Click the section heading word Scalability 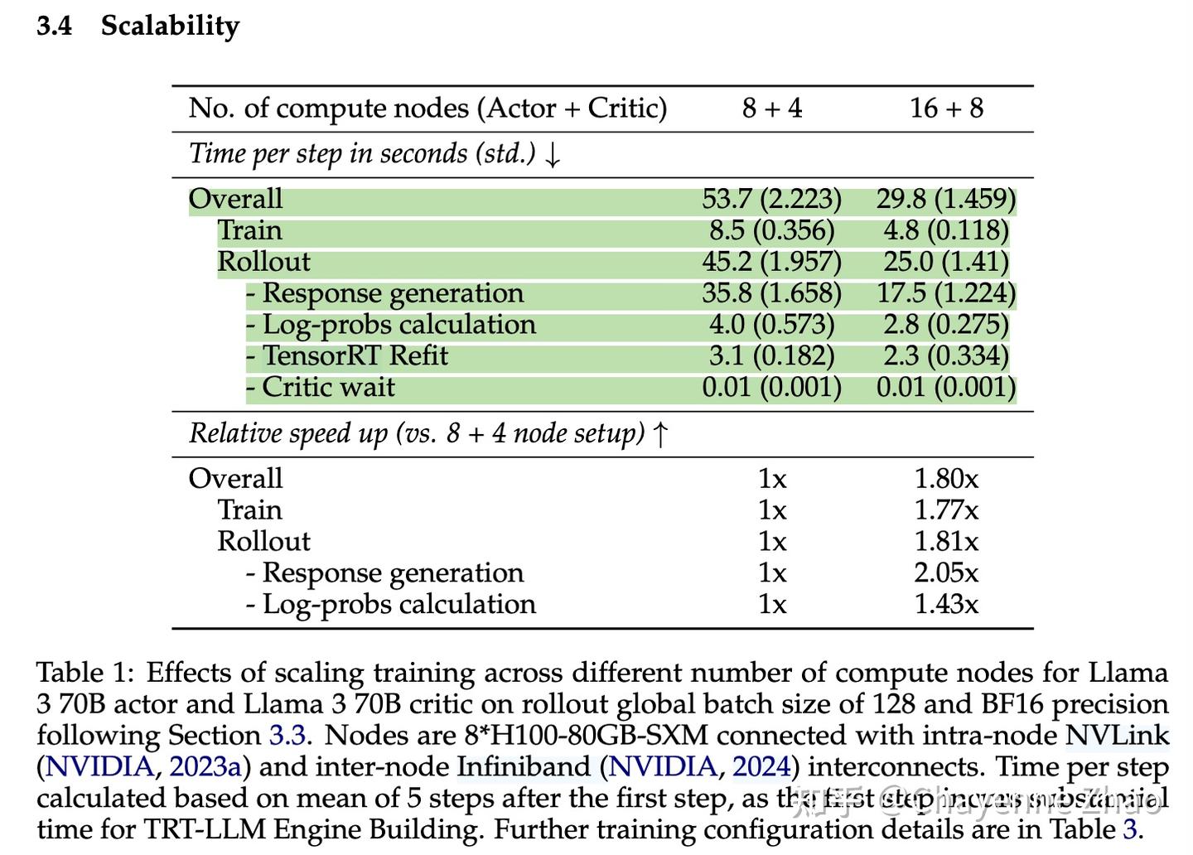[x=170, y=26]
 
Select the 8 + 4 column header [x=771, y=109]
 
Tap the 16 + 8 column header [x=946, y=109]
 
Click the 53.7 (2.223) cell [x=771, y=200]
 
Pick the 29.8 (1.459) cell [x=946, y=200]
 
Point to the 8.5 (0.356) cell [x=771, y=231]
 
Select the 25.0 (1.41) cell [x=946, y=263]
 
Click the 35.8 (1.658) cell [x=771, y=294]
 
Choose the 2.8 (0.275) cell [x=946, y=326]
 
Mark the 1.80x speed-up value [x=946, y=479]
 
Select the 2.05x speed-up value [x=946, y=573]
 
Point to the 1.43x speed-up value [x=946, y=605]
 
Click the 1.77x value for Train [x=946, y=510]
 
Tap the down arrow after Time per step [x=553, y=155]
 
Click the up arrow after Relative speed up [x=660, y=434]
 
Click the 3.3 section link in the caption [x=287, y=736]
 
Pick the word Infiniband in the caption [x=526, y=767]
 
